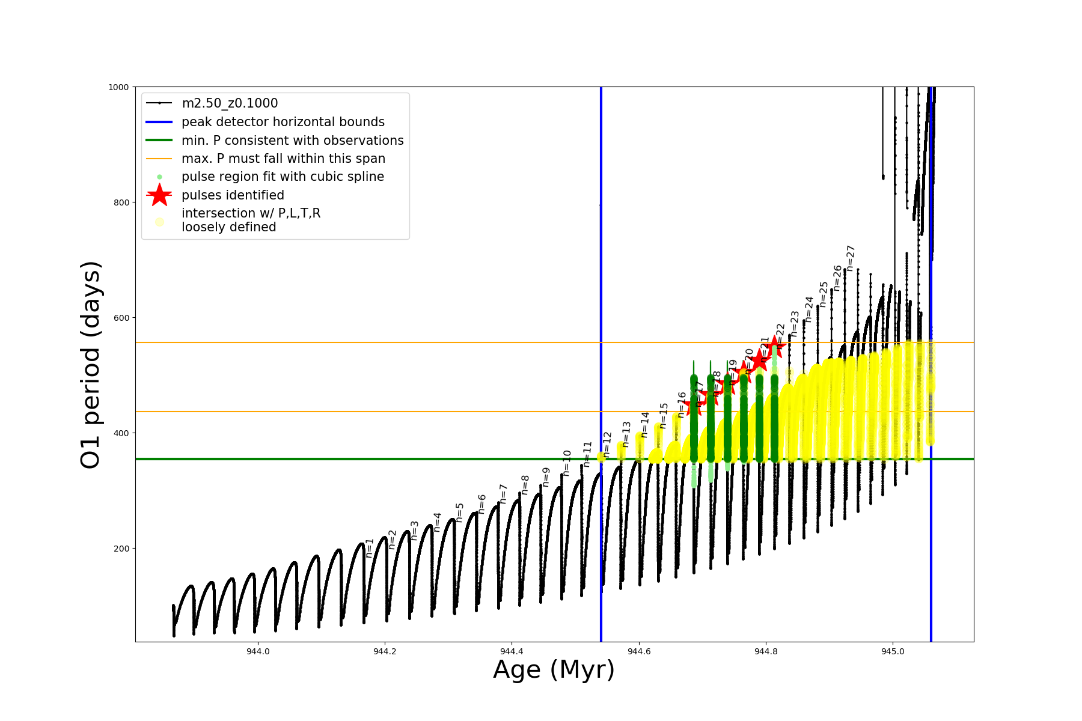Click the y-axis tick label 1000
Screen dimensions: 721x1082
118,87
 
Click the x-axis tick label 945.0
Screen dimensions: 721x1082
893,651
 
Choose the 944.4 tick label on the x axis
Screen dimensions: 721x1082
512,651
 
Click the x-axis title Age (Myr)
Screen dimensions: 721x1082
554,670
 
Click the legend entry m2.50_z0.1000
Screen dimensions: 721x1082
230,103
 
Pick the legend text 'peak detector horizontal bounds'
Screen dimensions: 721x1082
283,122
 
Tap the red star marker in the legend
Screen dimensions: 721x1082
159,195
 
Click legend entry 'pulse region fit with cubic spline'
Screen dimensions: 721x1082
283,177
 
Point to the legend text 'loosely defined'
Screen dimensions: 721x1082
229,227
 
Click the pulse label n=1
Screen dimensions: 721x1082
370,547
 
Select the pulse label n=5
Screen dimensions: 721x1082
460,512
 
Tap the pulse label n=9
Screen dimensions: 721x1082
546,476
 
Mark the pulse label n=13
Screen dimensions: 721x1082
626,434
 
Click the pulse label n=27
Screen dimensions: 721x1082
851,258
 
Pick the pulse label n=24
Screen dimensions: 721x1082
809,309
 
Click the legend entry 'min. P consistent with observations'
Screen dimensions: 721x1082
292,141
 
